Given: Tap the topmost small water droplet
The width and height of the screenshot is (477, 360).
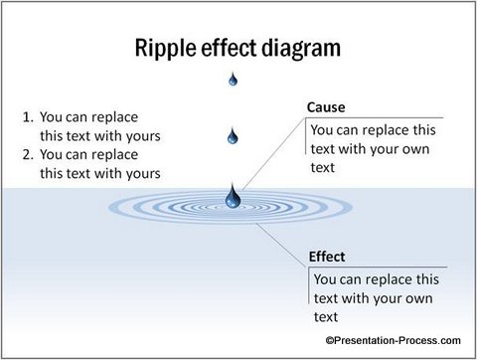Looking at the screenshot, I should tap(234, 80).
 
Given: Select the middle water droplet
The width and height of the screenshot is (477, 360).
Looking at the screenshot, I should tap(234, 135).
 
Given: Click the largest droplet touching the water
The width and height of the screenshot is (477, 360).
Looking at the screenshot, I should tap(234, 198).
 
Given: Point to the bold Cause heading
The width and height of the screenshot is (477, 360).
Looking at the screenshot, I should tap(326, 107).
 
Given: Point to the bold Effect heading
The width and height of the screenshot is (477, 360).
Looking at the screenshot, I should tap(327, 256).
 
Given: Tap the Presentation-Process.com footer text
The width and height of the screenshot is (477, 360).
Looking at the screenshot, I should tap(393, 339).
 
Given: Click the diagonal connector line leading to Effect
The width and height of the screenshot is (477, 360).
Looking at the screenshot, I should tap(283, 240).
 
